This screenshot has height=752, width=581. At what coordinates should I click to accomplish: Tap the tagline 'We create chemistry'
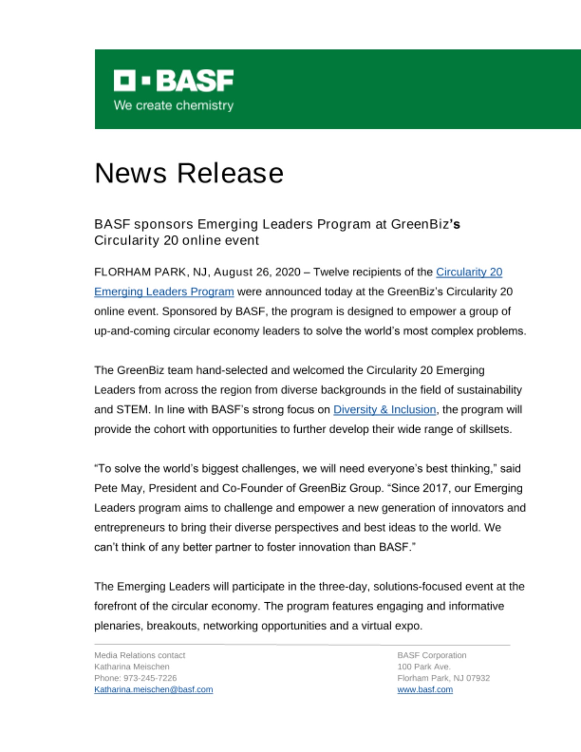pos(173,105)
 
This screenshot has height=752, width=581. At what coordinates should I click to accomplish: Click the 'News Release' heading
pos(189,173)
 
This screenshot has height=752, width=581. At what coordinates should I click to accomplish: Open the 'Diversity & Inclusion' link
pos(384,409)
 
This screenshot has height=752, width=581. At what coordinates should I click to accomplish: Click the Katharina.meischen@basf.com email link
pos(153,690)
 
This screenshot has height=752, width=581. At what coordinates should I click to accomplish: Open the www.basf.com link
pos(425,690)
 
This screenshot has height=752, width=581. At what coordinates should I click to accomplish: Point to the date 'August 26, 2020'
pos(257,272)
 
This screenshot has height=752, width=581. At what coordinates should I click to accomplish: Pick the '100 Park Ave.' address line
pos(424,667)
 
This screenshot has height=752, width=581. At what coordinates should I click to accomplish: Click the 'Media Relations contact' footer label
pos(140,655)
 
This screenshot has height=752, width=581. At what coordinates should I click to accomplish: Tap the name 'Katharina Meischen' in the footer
pos(132,667)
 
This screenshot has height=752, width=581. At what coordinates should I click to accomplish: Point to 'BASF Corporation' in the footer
pos(432,655)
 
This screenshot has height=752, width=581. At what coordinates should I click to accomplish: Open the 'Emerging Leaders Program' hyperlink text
pos(164,292)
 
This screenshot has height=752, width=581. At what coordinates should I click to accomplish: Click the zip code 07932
pos(478,678)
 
